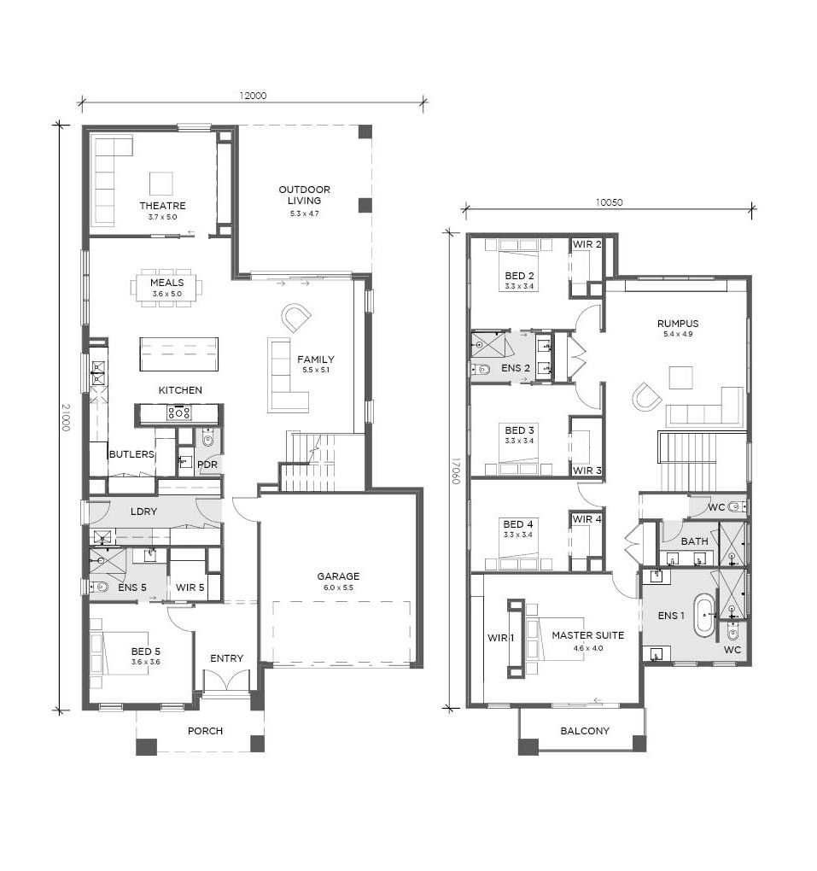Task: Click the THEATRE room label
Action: (163, 206)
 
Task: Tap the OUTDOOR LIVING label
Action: (305, 195)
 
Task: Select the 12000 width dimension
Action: (253, 96)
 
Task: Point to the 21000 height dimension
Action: (66, 418)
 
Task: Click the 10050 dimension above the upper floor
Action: (609, 202)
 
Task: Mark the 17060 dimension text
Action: (455, 471)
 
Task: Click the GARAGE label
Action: (338, 576)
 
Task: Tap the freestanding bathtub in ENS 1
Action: (705, 615)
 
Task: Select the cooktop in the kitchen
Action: (179, 412)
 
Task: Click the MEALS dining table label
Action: (166, 282)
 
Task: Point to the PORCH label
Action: (205, 731)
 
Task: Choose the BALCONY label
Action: (585, 731)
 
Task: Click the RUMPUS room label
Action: (678, 324)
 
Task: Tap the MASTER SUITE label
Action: (587, 635)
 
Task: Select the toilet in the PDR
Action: (207, 438)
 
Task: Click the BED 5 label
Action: (145, 651)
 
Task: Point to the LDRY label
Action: (143, 511)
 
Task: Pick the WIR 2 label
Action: (586, 244)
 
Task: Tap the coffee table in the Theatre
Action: (161, 184)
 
